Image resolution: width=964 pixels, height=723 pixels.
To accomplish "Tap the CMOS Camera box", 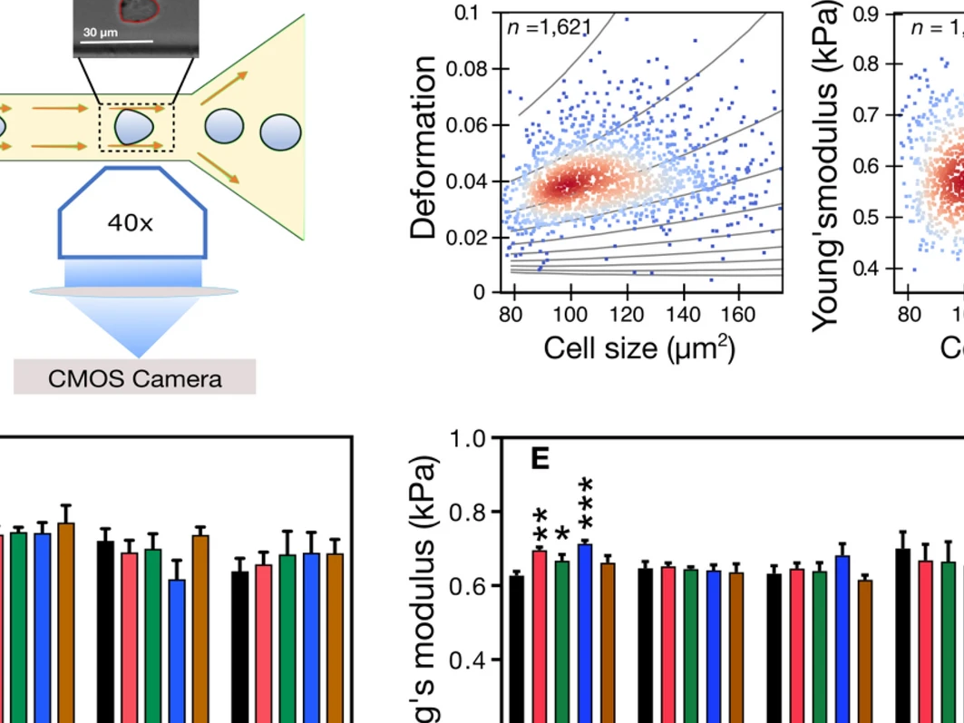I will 134,377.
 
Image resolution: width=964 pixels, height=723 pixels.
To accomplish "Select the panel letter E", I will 540,459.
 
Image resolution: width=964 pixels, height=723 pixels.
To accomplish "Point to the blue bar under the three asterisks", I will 585,626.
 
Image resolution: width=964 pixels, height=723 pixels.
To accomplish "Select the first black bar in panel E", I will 517,644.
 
